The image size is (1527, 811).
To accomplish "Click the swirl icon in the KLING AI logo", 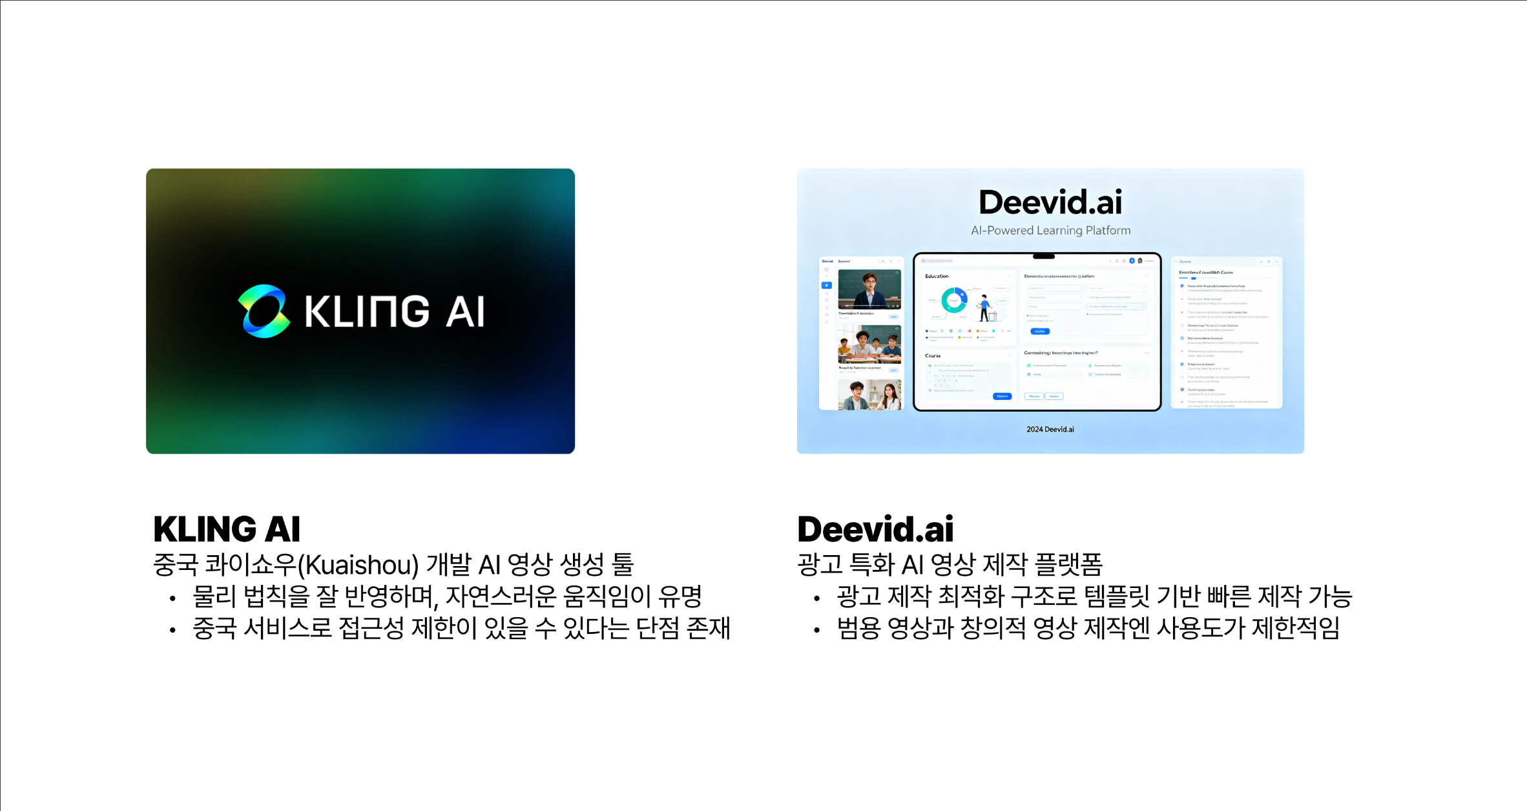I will pos(264,311).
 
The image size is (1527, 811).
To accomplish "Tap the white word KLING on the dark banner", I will pos(366,311).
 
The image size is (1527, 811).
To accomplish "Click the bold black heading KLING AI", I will pos(227,529).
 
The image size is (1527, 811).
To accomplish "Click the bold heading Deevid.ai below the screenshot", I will pos(875,529).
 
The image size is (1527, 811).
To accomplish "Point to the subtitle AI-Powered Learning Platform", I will pos(1050,231).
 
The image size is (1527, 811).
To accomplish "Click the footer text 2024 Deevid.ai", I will pos(1050,429).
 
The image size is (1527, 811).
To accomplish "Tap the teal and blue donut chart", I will pos(954,300).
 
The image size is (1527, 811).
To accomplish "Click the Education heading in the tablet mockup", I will pos(937,276).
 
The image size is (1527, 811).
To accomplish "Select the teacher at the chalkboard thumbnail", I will pos(869,289).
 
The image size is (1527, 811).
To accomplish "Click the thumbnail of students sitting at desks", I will pos(869,344).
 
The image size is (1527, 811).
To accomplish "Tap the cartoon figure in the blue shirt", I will pos(984,308).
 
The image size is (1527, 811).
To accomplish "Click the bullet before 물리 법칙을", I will pos(172,599).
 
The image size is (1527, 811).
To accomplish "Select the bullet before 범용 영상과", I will pos(817,630).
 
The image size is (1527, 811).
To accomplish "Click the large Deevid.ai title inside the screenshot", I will pos(1050,202).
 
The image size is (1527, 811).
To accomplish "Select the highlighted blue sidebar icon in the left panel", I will pos(827,285).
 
